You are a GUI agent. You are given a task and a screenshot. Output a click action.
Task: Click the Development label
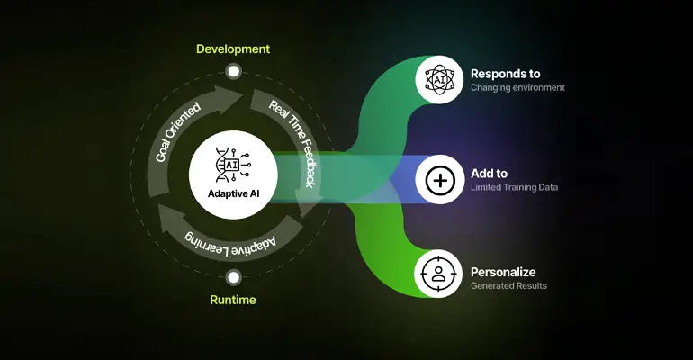(x=233, y=48)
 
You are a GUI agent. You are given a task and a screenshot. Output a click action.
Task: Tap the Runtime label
(x=233, y=301)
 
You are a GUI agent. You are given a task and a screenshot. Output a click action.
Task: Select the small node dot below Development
(x=234, y=70)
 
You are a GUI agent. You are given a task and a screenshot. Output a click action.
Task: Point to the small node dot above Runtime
(x=234, y=277)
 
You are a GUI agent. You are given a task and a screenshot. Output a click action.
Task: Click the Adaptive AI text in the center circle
(x=233, y=192)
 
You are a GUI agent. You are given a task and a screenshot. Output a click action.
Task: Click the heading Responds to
(x=505, y=73)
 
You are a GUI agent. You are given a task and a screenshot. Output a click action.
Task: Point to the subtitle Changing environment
(x=517, y=88)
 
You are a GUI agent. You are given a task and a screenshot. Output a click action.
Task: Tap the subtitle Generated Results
(x=508, y=285)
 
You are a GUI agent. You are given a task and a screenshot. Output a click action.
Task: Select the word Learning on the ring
(x=209, y=238)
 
